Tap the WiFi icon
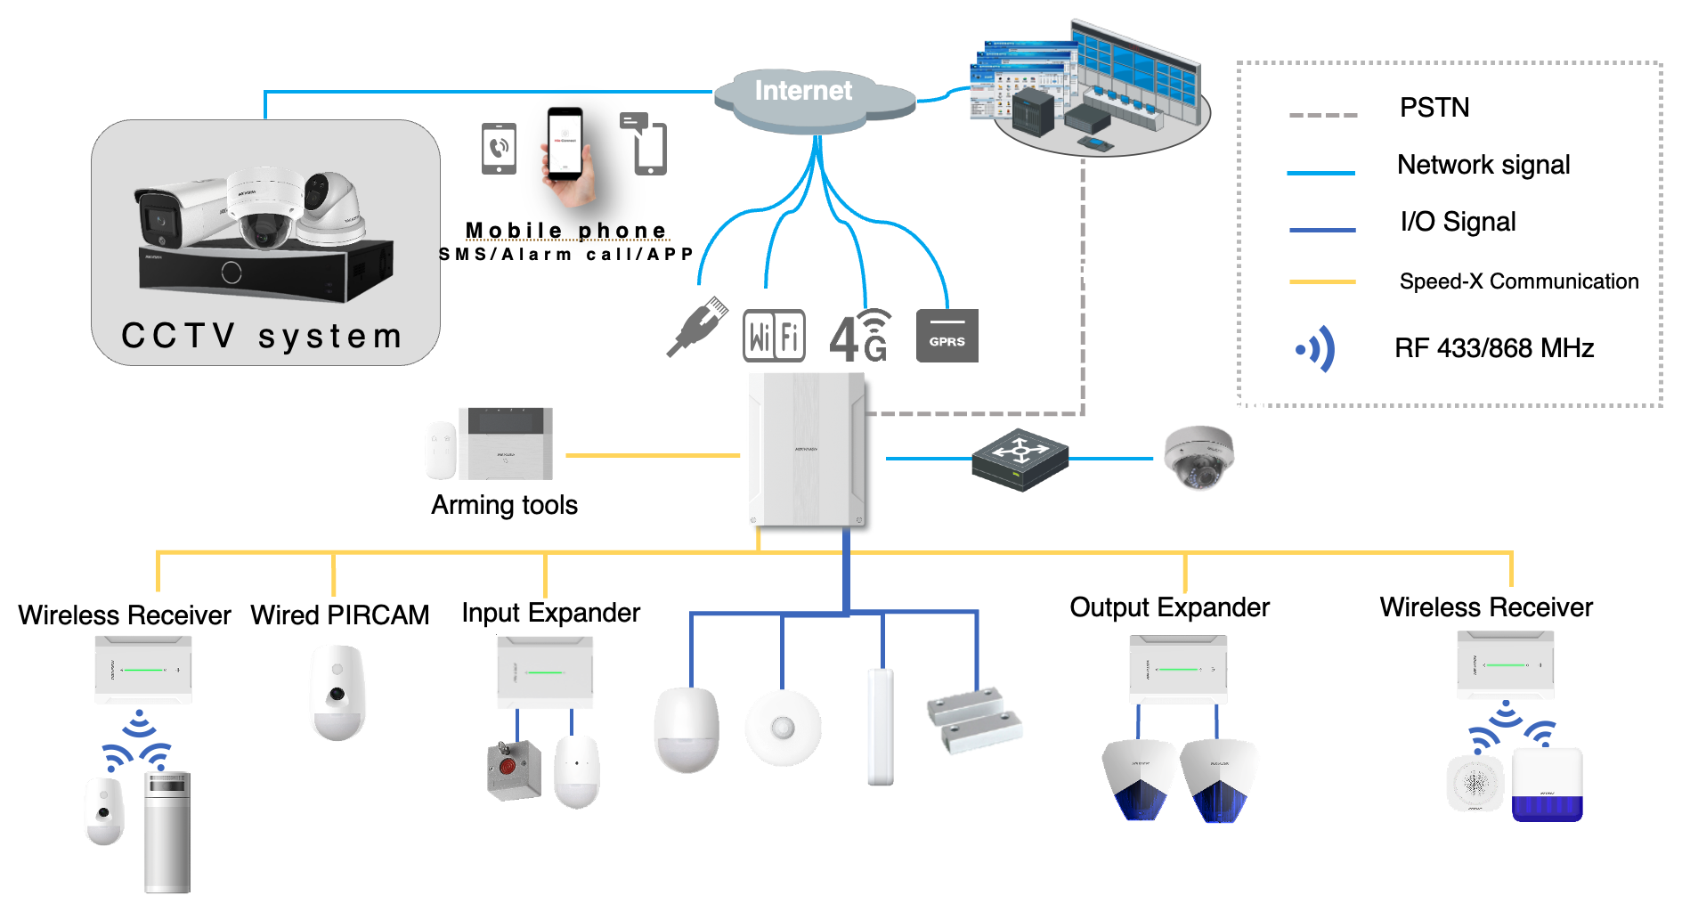click(x=774, y=336)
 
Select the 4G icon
click(x=859, y=336)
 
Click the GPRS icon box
click(x=947, y=336)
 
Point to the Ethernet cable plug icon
click(x=698, y=327)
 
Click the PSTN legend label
click(x=1434, y=108)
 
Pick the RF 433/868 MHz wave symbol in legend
click(x=1316, y=348)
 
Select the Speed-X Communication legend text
click(x=1518, y=281)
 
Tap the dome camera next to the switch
click(x=1199, y=457)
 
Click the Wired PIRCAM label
click(x=339, y=615)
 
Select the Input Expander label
click(x=550, y=613)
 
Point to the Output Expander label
click(x=1169, y=607)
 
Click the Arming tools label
click(x=504, y=505)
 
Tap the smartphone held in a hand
click(x=565, y=148)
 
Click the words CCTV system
click(x=262, y=337)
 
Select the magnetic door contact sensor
click(x=974, y=719)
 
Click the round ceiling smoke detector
click(x=783, y=728)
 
